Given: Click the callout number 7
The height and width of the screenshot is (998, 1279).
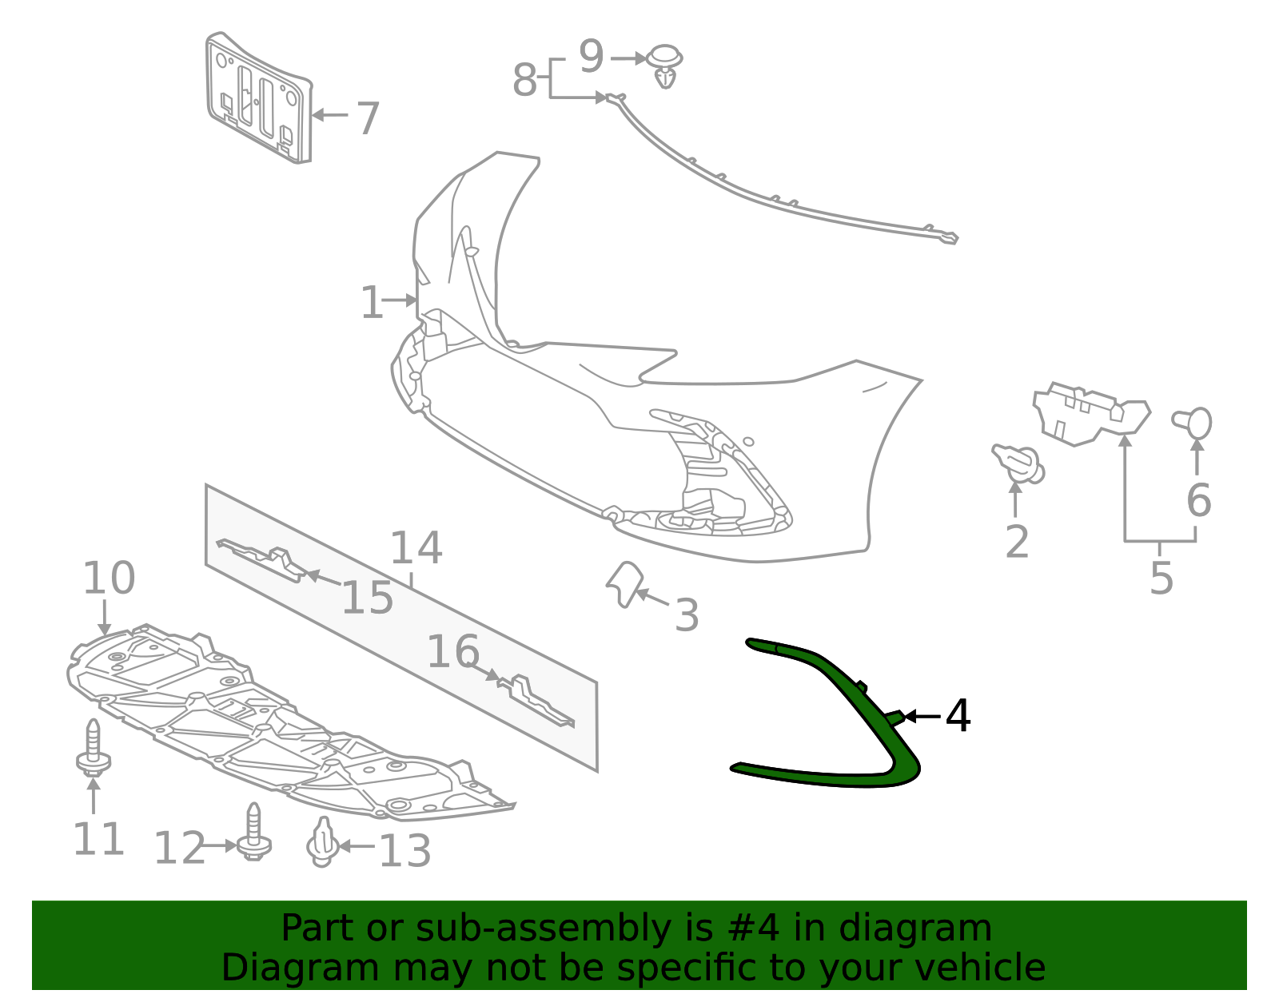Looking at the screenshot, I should coord(367,118).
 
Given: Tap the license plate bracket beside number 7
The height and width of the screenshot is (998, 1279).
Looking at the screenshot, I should coord(258,99).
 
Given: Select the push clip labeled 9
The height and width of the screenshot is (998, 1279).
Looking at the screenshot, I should coord(664,64).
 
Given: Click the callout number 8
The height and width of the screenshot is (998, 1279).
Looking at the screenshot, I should coord(524,80).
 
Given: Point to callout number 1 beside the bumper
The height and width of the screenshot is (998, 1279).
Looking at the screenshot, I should coord(372,303).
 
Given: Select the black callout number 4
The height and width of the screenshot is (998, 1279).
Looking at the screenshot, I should coord(958,716).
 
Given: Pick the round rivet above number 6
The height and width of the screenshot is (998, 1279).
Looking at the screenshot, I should coord(1193,422).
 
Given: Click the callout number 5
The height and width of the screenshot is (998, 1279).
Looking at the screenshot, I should coord(1161,579).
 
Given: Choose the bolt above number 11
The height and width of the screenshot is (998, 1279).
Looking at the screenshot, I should coord(94,748).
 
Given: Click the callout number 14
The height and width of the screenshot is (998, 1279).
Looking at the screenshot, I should coord(416,548).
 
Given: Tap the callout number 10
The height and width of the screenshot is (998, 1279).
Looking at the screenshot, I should coord(109,579).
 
